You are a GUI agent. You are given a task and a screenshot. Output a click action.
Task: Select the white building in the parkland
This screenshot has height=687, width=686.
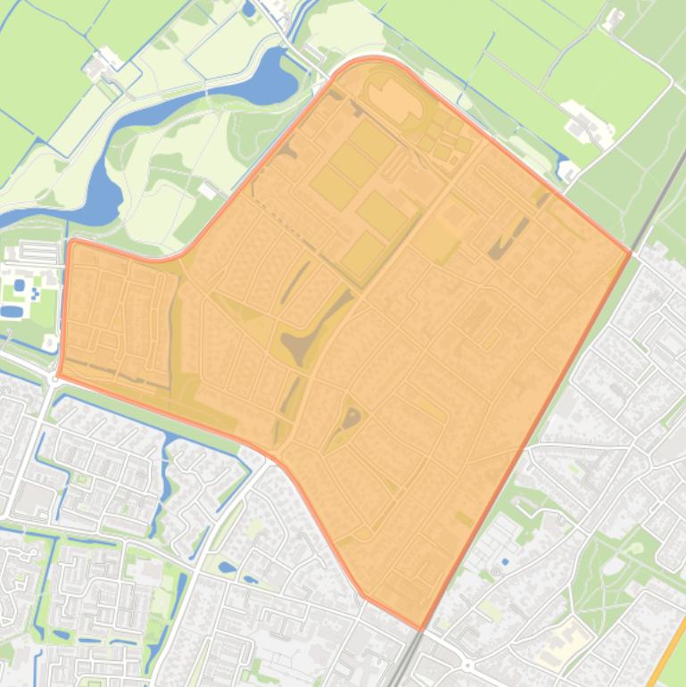[208, 190]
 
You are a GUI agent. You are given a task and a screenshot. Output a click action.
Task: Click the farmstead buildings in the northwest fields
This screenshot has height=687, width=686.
[103, 65]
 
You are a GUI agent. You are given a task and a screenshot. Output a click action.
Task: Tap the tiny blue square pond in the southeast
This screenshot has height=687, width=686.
[504, 561]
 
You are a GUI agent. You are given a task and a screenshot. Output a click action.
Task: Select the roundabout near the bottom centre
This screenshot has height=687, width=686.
[467, 665]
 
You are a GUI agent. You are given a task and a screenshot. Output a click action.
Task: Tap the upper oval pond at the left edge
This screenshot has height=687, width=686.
[20, 286]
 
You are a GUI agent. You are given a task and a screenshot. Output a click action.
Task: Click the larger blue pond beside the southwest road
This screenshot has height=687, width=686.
[227, 567]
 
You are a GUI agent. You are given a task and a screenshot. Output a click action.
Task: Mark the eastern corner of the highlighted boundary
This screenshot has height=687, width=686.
[631, 254]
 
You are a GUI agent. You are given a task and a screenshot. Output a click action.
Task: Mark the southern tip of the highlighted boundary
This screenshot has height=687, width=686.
[420, 630]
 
